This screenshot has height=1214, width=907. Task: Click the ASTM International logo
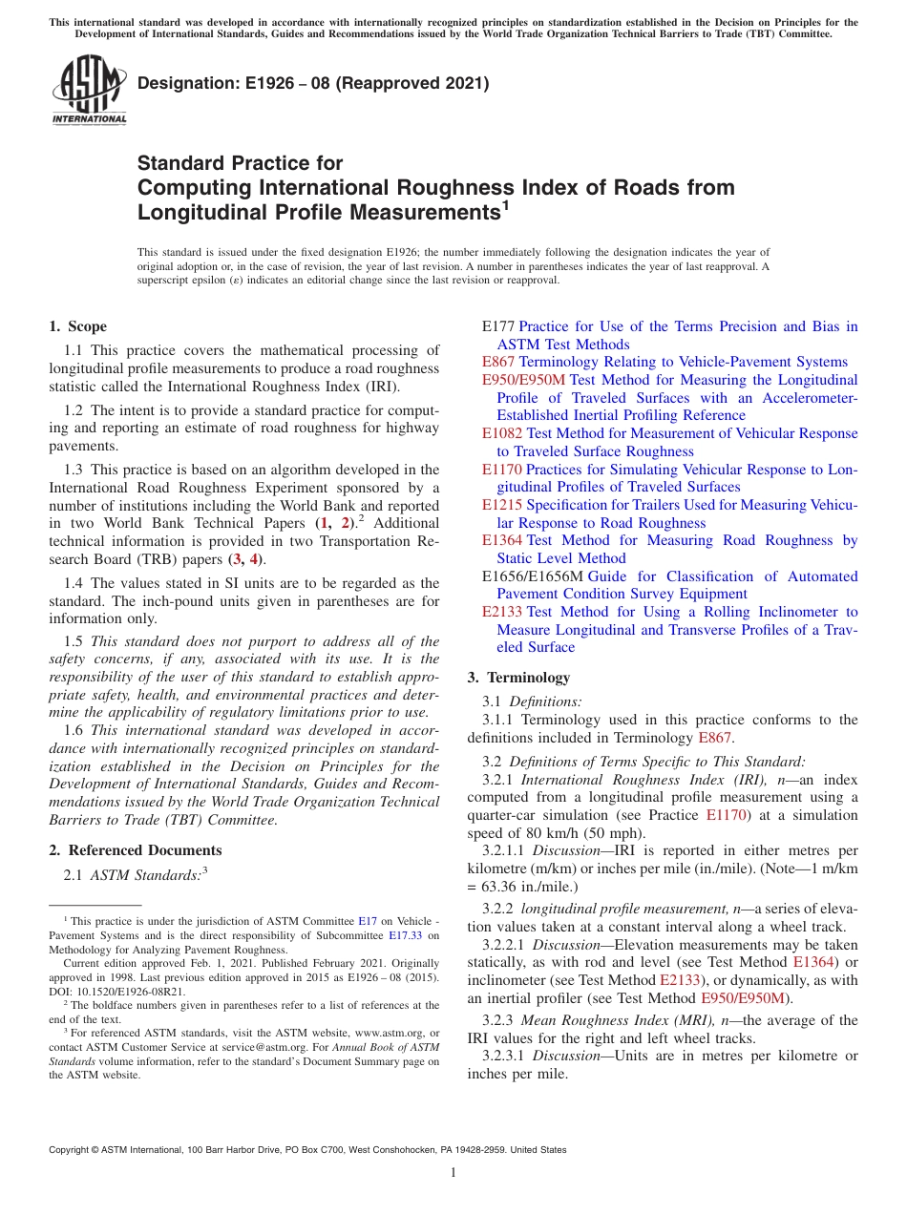click(89, 91)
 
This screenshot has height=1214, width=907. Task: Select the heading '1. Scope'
click(78, 326)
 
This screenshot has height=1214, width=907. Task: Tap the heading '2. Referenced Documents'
click(135, 850)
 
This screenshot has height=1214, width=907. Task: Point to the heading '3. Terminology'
click(518, 678)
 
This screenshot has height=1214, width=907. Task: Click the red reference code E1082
click(502, 433)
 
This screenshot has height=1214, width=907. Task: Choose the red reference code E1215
click(502, 505)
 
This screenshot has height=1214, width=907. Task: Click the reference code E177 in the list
click(498, 326)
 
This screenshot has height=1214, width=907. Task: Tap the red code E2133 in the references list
click(502, 612)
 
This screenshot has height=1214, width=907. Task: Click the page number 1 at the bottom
click(453, 1173)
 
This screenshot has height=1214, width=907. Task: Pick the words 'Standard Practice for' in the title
click(240, 163)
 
